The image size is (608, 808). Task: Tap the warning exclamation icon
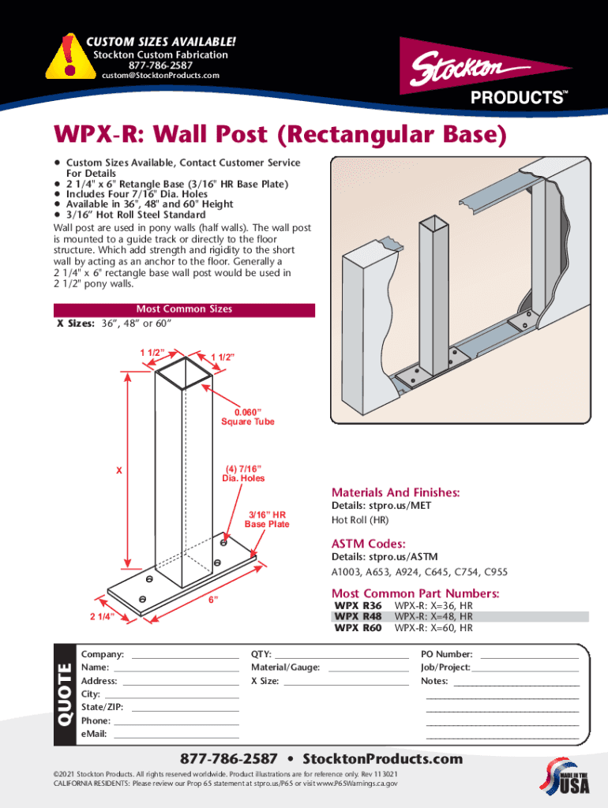point(69,55)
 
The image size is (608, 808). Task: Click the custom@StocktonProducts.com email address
point(160,76)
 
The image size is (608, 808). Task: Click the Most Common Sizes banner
point(184,309)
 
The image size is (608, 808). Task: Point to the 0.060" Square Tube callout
point(247,417)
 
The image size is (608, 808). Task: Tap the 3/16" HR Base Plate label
point(267,519)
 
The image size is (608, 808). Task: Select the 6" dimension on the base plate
point(213,600)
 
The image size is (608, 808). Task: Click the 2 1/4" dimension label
point(101,615)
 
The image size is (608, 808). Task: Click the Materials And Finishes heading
point(396,492)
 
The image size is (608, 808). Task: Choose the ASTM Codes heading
point(369,544)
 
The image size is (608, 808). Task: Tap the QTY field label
point(261,654)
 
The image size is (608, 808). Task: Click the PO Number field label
point(447,654)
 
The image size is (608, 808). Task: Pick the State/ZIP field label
point(102,707)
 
